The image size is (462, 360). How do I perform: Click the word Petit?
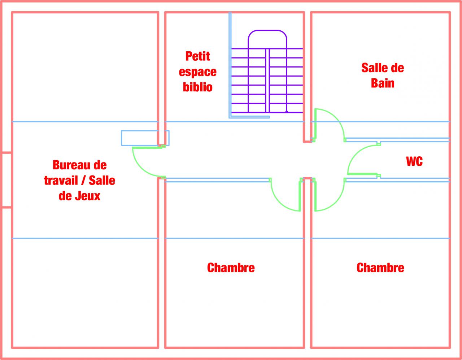[x=197, y=56]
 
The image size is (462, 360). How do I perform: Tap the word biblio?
[x=197, y=87]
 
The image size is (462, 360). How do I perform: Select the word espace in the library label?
[x=197, y=71]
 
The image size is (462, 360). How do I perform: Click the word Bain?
[x=383, y=83]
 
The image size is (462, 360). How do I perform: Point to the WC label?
[x=414, y=161]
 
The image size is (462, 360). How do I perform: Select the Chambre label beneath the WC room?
[x=380, y=268]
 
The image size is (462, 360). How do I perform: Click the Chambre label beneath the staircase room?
[x=231, y=268]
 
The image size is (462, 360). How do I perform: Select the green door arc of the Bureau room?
[x=139, y=168]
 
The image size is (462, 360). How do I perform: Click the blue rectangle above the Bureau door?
[x=145, y=138]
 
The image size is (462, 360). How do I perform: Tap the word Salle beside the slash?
[x=102, y=180]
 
